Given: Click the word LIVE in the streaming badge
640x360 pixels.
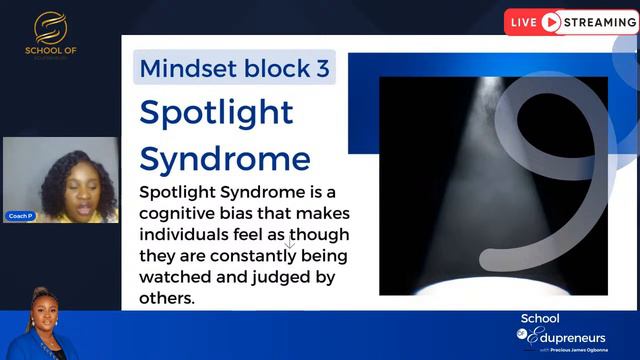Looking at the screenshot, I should (x=524, y=22).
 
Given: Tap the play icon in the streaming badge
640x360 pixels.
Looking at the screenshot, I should (x=550, y=22).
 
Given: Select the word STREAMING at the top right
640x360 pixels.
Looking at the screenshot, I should (x=598, y=22).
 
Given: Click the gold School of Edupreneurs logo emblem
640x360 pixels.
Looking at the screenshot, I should (x=48, y=27).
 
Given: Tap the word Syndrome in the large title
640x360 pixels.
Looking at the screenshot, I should (x=225, y=158).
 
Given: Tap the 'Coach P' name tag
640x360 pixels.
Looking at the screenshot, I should (x=19, y=216).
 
